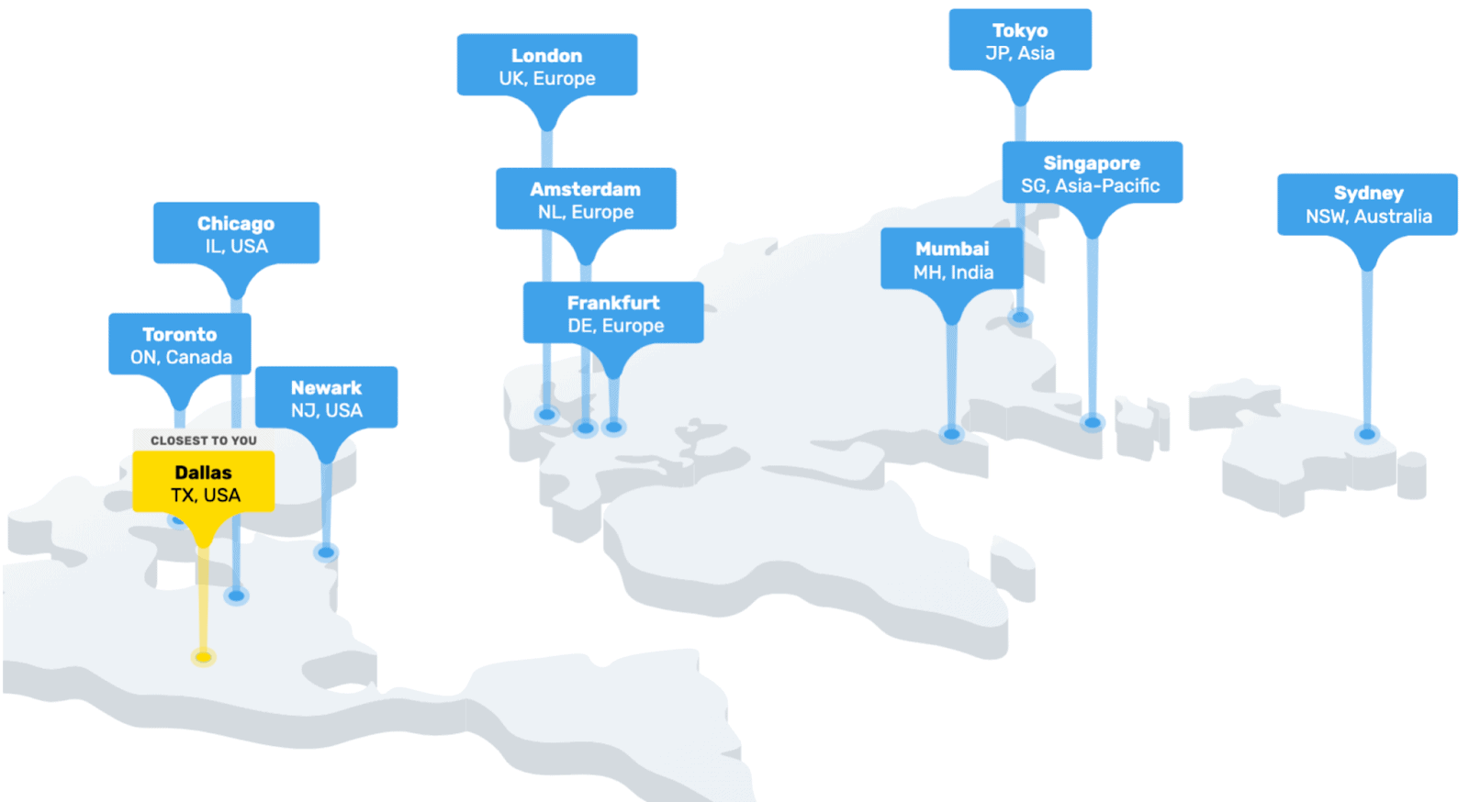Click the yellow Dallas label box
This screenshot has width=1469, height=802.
click(x=203, y=482)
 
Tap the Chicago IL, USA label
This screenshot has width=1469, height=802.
click(x=236, y=233)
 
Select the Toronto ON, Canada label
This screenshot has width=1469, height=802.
click(x=180, y=345)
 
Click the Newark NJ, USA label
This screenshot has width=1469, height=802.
click(x=326, y=397)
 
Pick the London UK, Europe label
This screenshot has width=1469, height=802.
click(x=547, y=65)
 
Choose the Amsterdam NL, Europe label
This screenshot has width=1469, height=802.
click(x=586, y=199)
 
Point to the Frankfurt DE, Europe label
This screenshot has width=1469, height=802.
click(x=613, y=313)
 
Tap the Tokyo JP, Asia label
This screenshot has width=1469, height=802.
click(x=1020, y=40)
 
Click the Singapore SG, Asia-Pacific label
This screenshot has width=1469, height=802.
click(x=1092, y=173)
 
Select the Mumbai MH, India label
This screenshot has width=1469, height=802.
click(x=951, y=259)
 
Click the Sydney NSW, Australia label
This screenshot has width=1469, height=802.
click(x=1367, y=205)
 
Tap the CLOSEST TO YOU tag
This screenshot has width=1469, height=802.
click(x=203, y=440)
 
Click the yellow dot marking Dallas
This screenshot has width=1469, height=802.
click(x=203, y=657)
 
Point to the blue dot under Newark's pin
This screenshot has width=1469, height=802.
click(x=326, y=553)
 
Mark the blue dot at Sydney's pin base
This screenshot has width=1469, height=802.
click(x=1367, y=434)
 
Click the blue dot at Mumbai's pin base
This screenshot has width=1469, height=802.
click(x=951, y=434)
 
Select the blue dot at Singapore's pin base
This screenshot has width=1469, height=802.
click(x=1092, y=423)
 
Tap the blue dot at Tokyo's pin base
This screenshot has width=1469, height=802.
click(x=1020, y=317)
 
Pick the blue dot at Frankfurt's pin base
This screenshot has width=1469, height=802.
click(x=614, y=428)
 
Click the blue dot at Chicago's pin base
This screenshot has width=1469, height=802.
click(x=236, y=596)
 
